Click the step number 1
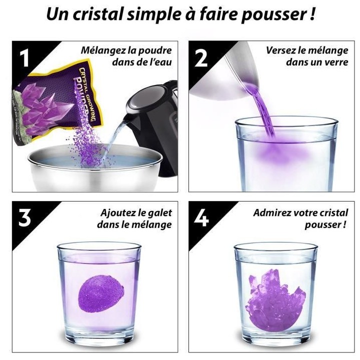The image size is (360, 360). click(24, 58)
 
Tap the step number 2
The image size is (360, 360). click(201, 58)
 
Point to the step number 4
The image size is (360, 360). click(201, 218)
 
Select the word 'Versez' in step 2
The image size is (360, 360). click(281, 50)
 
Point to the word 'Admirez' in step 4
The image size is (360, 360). click(272, 212)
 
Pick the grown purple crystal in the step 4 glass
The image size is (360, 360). click(272, 295)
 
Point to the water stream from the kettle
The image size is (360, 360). click(118, 135)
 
